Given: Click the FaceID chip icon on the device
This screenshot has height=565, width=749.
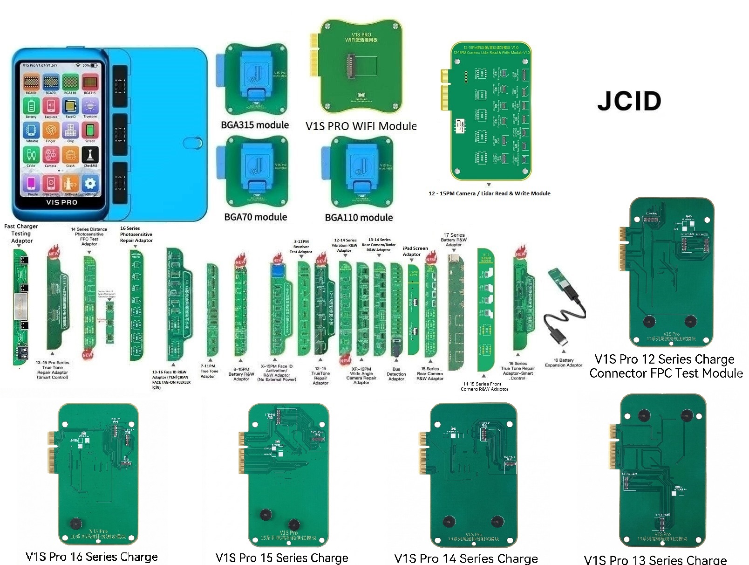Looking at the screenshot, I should pyautogui.click(x=70, y=107).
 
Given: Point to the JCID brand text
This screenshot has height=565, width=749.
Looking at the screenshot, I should pyautogui.click(x=629, y=101).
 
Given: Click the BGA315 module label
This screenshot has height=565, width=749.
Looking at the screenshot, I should pyautogui.click(x=255, y=125).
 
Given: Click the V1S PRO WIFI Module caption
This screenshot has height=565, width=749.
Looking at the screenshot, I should pyautogui.click(x=361, y=126).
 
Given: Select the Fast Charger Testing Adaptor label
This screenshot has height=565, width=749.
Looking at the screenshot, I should pyautogui.click(x=21, y=234).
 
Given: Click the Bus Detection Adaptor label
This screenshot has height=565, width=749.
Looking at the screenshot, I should pyautogui.click(x=396, y=374).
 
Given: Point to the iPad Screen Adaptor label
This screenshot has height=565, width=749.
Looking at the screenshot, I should pyautogui.click(x=415, y=251).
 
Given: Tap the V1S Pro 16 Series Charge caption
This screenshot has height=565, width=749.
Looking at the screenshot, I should pyautogui.click(x=92, y=557).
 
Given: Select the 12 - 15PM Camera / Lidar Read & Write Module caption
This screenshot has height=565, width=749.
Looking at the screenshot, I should pyautogui.click(x=489, y=193).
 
